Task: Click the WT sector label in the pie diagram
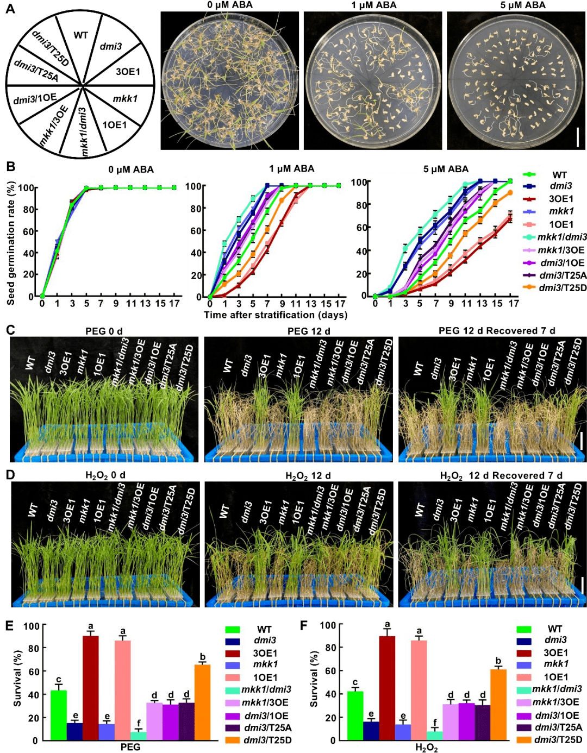pyautogui.click(x=80, y=35)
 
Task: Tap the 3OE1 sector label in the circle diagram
pyautogui.click(x=128, y=72)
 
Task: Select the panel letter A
pyautogui.click(x=10, y=9)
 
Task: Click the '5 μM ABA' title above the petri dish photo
pyautogui.click(x=522, y=5)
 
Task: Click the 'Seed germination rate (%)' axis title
pyautogui.click(x=11, y=242)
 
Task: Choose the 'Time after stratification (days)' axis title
pyautogui.click(x=276, y=315)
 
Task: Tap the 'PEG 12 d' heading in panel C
pyautogui.click(x=309, y=331)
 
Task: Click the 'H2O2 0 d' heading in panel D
pyautogui.click(x=105, y=475)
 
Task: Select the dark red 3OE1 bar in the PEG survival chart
pyautogui.click(x=91, y=688)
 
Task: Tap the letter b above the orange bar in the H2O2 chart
pyautogui.click(x=498, y=661)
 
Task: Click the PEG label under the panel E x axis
pyautogui.click(x=130, y=747)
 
